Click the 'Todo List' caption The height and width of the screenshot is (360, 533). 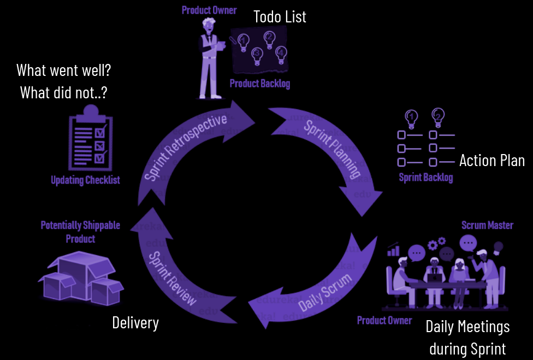[280, 17]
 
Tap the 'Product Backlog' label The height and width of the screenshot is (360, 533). [259, 84]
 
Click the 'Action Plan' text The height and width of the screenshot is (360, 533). [491, 161]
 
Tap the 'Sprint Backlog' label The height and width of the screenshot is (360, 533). [425, 178]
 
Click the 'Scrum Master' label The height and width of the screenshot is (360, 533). [487, 225]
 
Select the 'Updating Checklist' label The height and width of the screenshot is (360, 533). [85, 180]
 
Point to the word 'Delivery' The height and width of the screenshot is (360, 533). [135, 323]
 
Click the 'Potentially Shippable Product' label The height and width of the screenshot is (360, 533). [80, 232]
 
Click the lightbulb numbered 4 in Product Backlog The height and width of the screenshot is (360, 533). [281, 52]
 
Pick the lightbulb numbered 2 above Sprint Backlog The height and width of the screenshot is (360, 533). [438, 116]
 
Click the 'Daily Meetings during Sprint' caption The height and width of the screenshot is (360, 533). [467, 337]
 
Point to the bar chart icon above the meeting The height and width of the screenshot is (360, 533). [393, 251]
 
